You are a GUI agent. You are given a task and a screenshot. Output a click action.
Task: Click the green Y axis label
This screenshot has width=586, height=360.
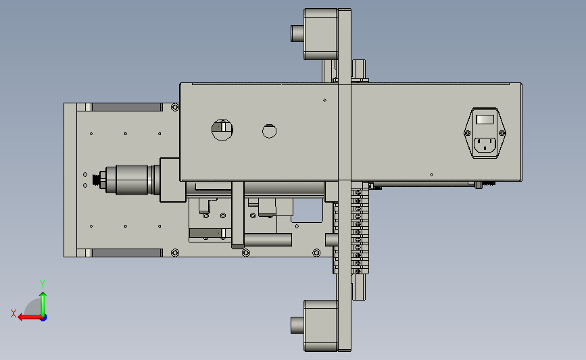coord(42,284)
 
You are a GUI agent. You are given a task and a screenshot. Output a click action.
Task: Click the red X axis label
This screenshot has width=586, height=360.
coord(14,313)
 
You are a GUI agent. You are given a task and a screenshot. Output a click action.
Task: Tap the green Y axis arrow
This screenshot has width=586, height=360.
coord(43,304)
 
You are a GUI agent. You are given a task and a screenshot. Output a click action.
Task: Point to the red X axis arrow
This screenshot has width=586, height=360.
coord(30,317)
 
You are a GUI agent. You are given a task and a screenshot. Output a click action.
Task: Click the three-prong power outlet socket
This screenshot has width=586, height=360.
coord(485,145)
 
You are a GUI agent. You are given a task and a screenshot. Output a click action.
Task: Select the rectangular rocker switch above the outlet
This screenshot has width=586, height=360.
coord(485,120)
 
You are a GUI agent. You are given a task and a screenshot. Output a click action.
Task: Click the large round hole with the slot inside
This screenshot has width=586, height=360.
coord(222,130)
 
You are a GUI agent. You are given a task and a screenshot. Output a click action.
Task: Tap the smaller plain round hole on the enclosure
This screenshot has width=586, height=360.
coord(269,131)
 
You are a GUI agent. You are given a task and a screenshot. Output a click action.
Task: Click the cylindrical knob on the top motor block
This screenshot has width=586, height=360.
coord(297,33)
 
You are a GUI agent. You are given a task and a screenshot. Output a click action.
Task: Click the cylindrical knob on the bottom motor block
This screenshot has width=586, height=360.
coord(297,325)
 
